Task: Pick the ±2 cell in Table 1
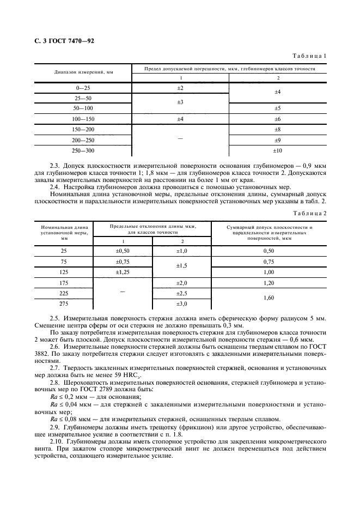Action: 180,88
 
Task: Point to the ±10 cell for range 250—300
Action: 277,150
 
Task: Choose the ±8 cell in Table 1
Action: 277,130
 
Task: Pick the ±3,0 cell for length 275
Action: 181,303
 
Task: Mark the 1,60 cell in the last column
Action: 269,299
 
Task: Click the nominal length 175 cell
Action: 64,283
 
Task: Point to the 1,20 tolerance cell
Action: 269,283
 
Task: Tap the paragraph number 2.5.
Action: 54,317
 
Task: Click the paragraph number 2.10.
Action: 56,440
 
